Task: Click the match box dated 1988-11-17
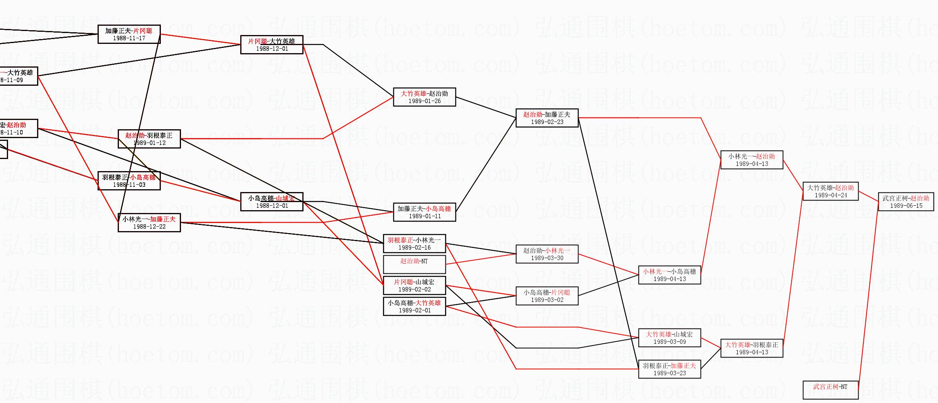(129, 34)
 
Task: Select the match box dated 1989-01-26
(424, 97)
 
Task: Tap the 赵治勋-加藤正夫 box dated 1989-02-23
(547, 118)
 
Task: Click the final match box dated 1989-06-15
(906, 202)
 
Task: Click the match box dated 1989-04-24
(831, 191)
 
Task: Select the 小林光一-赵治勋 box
(752, 160)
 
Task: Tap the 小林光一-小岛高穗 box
(670, 275)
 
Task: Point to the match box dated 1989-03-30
(547, 254)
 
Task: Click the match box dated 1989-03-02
(547, 296)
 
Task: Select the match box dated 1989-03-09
(670, 338)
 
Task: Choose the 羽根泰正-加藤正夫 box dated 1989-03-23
(670, 369)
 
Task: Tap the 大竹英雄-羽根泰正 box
(752, 348)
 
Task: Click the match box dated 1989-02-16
(414, 244)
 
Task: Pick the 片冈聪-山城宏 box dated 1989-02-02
(414, 285)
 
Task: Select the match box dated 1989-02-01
(414, 306)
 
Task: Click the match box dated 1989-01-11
(424, 212)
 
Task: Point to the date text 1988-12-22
(149, 227)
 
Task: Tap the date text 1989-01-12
(149, 143)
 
